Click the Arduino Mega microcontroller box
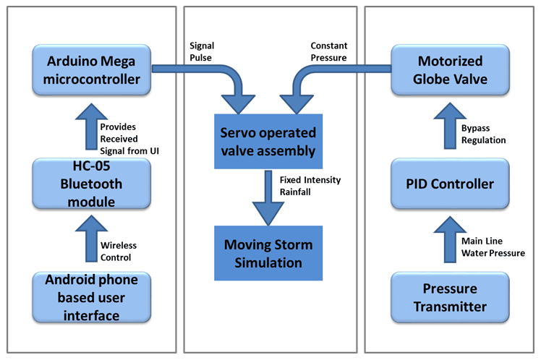point(91,70)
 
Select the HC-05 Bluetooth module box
point(91,184)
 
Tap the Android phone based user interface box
point(91,297)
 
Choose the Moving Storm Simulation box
point(269,253)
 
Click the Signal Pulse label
point(202,51)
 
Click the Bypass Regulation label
point(483,134)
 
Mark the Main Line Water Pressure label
point(491,247)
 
